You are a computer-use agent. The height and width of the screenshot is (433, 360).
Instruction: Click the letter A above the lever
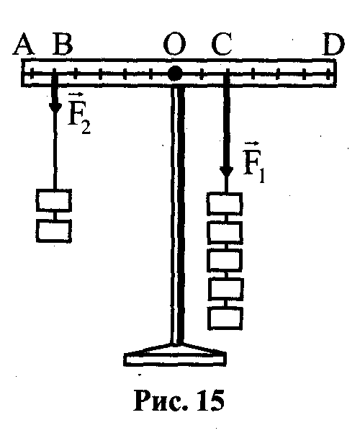pyautogui.click(x=24, y=45)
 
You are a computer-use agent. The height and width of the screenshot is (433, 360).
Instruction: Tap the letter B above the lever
pyautogui.click(x=63, y=44)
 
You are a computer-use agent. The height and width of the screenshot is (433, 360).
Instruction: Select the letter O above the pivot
pyautogui.click(x=174, y=45)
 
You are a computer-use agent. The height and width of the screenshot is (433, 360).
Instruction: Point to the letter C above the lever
pyautogui.click(x=222, y=44)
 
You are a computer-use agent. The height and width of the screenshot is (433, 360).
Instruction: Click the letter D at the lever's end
pyautogui.click(x=333, y=45)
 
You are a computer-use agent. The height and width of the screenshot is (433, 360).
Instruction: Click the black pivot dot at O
pyautogui.click(x=175, y=73)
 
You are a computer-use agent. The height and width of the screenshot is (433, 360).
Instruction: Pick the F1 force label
pyautogui.click(x=253, y=162)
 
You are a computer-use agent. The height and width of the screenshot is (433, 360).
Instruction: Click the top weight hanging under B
pyautogui.click(x=54, y=200)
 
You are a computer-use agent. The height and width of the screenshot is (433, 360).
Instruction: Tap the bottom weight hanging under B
pyautogui.click(x=54, y=231)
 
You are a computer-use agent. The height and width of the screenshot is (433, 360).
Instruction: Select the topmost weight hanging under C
pyautogui.click(x=225, y=204)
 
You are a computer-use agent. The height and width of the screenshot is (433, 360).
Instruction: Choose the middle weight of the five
pyautogui.click(x=225, y=260)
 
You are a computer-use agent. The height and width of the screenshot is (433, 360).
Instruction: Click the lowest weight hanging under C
pyautogui.click(x=225, y=318)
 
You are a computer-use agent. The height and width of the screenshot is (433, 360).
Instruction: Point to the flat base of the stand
pyautogui.click(x=175, y=360)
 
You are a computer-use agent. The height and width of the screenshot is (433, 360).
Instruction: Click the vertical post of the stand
pyautogui.click(x=177, y=215)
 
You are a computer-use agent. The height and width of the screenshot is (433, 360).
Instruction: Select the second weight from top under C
pyautogui.click(x=225, y=232)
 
